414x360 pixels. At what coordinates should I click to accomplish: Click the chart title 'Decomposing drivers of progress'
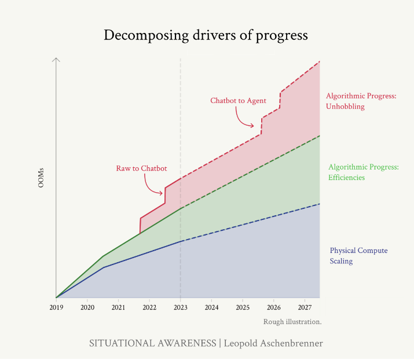pos(206,35)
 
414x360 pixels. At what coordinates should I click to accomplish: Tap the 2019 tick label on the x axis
pos(56,307)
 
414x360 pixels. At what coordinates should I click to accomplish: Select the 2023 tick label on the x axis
pos(181,307)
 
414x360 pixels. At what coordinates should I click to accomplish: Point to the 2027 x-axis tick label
pos(305,307)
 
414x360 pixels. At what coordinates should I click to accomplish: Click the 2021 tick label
pos(118,307)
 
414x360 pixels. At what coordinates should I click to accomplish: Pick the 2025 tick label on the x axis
pos(243,307)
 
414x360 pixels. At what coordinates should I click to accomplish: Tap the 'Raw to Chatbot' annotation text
pos(141,168)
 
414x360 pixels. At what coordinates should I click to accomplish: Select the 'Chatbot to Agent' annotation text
pos(238,101)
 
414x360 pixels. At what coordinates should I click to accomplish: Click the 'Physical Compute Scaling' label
pos(358,256)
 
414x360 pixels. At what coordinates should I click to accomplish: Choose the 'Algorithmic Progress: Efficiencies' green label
pos(363,172)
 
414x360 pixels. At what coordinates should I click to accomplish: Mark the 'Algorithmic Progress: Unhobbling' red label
pos(361,101)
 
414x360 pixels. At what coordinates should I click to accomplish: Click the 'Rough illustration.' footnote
pos(292,321)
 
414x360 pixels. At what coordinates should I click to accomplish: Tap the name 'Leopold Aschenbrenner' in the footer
pos(273,343)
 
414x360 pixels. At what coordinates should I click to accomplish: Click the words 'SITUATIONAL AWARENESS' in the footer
pos(152,343)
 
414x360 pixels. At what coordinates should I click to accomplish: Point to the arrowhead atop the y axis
pos(56,60)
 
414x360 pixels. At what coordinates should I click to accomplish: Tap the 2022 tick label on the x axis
pos(149,307)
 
